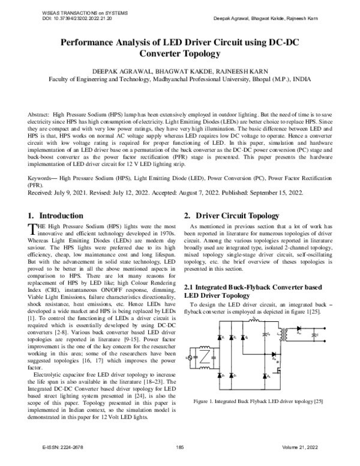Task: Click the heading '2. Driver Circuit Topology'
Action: coord(231,215)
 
